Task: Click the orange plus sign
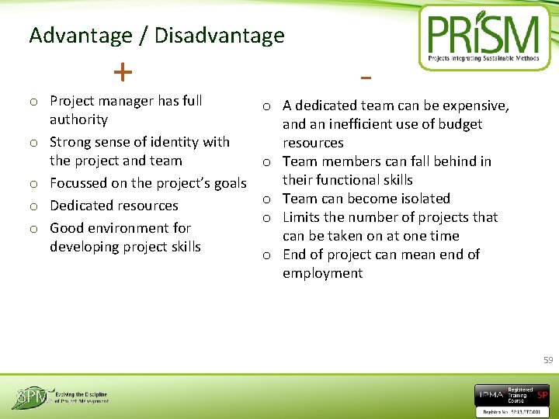click(x=122, y=72)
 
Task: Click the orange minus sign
click(x=366, y=78)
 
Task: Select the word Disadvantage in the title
click(x=220, y=36)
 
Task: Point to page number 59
click(x=548, y=360)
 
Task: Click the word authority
click(x=78, y=119)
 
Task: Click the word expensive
click(x=473, y=106)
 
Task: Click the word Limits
click(x=301, y=217)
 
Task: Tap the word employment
click(x=322, y=273)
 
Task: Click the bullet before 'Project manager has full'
click(x=34, y=102)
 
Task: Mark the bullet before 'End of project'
click(x=266, y=255)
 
